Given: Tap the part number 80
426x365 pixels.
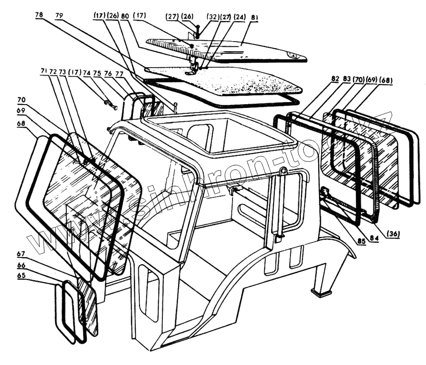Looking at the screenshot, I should (x=125, y=16).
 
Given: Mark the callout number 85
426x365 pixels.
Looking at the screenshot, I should (x=362, y=241).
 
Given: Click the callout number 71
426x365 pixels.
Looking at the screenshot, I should (x=44, y=71).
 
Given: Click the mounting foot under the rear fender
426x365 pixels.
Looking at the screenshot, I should (x=321, y=294).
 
